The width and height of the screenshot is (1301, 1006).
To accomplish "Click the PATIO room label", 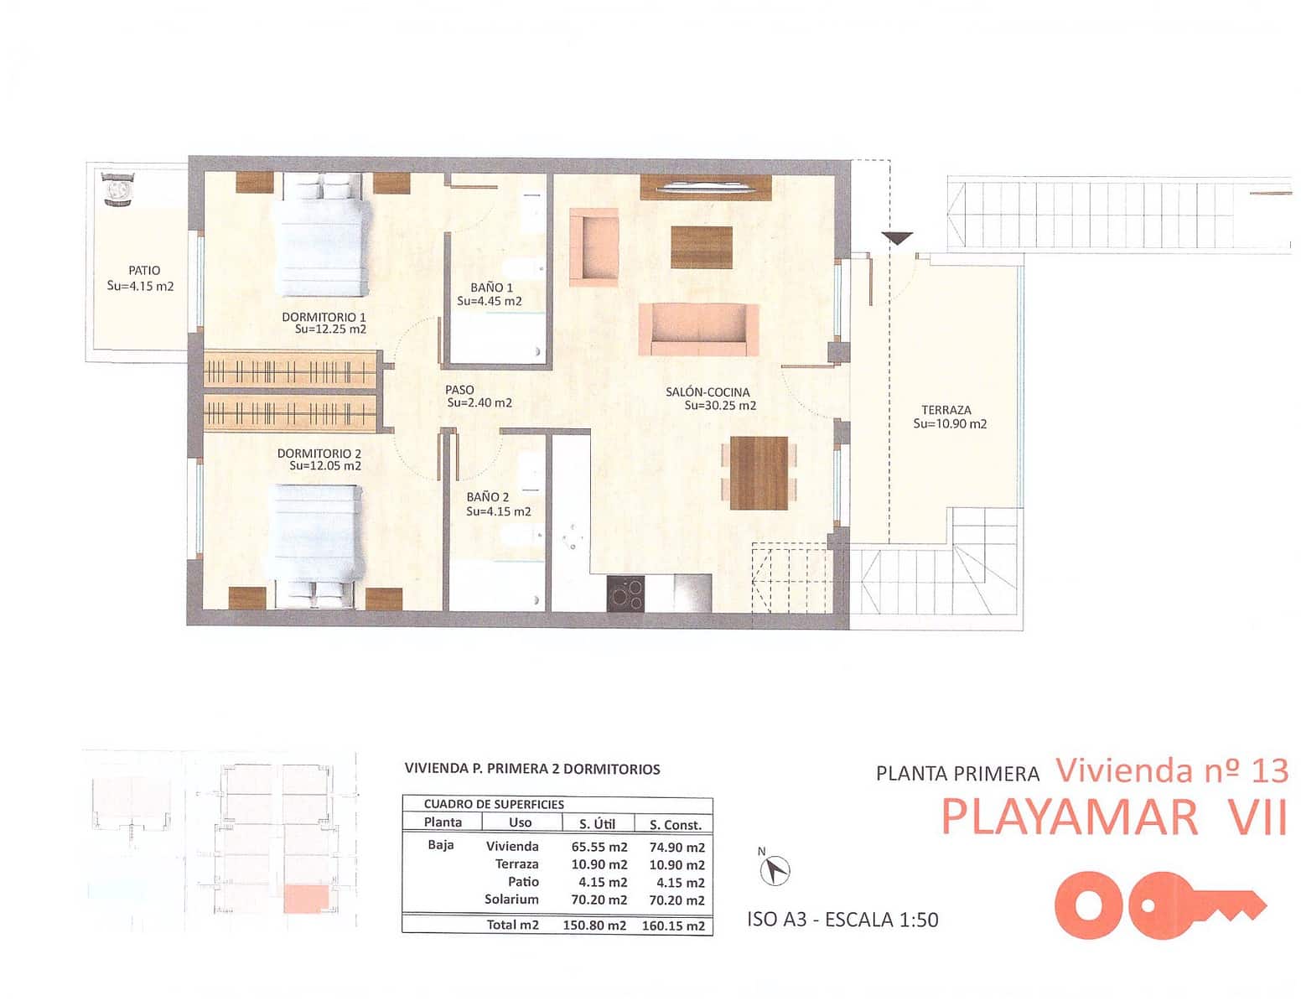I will coord(144,271).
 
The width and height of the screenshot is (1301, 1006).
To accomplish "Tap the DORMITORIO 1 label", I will coord(324,317).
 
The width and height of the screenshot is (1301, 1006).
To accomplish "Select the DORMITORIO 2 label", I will coord(319,454).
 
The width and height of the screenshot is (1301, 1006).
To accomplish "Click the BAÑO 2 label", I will coord(488,497).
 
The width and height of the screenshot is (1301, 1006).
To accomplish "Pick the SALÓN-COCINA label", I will coord(708,392).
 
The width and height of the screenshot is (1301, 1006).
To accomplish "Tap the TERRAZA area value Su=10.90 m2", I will coord(950,424).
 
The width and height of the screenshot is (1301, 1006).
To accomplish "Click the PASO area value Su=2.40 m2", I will coord(479,402).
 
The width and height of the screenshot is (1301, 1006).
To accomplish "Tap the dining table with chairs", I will coord(759,473).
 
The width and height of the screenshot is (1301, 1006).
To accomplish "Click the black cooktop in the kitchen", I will coord(625,594).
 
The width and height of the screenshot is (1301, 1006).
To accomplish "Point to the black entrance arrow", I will coord(897,238).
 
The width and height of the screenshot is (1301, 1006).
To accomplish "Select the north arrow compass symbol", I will coord(775,870).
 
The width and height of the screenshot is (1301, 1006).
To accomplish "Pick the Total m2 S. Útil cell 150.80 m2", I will coord(599,926).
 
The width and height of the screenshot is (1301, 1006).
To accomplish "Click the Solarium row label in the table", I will coord(511,900).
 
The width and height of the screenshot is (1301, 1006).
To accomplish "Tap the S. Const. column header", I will coord(676,824).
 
